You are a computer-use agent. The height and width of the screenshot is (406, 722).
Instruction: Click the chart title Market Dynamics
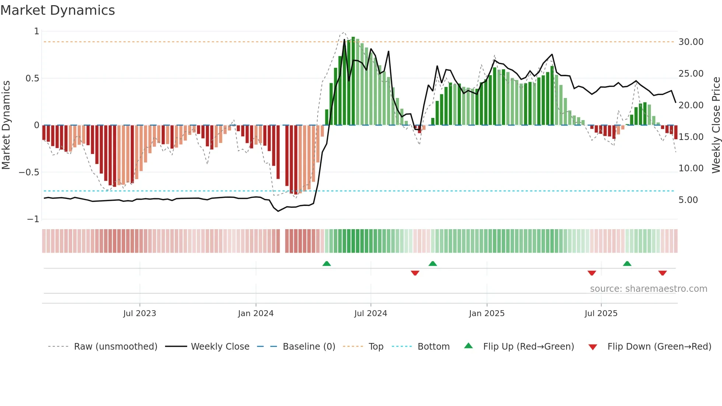57,10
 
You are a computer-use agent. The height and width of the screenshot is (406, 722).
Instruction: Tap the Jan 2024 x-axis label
256,314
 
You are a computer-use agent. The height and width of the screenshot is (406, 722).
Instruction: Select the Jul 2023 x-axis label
140,314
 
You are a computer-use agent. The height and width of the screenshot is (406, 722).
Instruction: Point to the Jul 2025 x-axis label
601,314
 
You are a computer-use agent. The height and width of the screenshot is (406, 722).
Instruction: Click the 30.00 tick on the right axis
691,42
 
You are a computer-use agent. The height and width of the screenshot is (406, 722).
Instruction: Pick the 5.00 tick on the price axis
688,200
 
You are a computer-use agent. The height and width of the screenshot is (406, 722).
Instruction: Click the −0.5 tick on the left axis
29,172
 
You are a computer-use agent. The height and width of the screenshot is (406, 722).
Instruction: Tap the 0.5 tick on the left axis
32,78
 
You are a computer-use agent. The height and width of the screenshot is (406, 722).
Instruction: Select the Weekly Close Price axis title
716,125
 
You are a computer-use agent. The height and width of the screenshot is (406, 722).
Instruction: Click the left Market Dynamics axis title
6,125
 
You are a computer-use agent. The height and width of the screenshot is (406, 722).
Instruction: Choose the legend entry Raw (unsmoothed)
115,347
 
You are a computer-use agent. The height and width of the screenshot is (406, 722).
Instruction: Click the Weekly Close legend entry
220,347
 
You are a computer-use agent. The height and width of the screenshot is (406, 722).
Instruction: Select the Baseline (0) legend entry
309,347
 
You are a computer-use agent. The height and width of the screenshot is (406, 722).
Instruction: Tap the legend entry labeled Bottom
433,347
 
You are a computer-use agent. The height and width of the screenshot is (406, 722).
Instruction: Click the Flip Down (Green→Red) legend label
659,347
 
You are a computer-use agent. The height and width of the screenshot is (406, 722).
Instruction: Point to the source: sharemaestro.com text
648,289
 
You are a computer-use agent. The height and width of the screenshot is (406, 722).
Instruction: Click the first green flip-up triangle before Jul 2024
326,264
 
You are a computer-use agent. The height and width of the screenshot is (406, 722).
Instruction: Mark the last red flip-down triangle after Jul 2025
662,273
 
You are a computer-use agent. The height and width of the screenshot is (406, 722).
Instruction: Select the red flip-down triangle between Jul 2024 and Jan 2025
415,273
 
